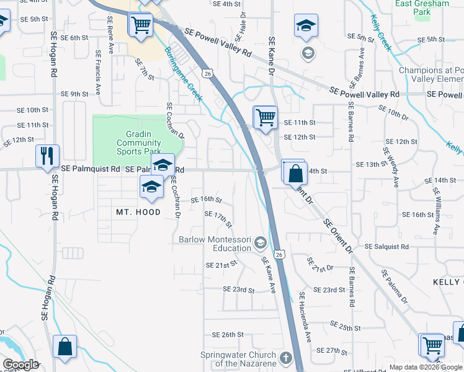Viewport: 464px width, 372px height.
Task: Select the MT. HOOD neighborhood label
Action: pos(138,212)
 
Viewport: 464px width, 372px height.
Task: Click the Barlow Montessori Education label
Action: pos(214,244)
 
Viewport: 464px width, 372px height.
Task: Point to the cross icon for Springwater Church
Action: pos(285,358)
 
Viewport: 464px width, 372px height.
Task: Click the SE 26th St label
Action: pos(228,334)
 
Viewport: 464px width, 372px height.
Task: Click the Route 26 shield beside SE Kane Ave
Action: pos(280,255)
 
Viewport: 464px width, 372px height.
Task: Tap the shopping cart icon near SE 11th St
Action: pos(265,117)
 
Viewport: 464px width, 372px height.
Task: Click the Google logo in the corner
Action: pos(20,365)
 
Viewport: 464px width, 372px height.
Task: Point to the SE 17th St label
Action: pos(218,219)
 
